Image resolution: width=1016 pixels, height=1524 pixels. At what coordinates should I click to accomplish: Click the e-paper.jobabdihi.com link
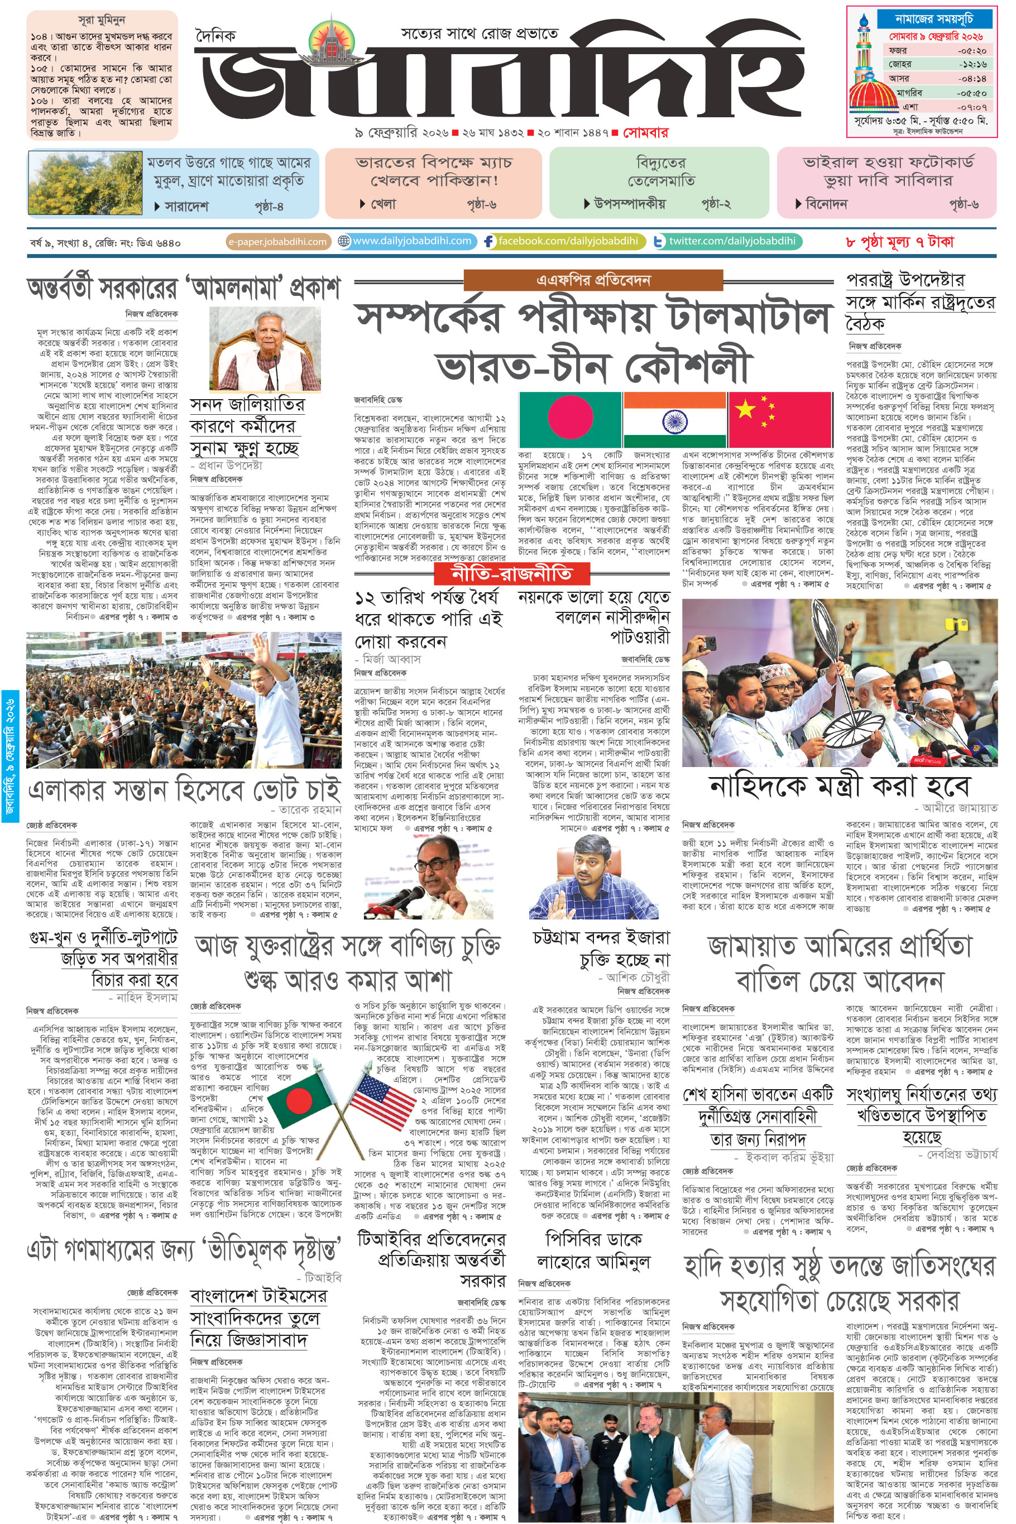pos(278,242)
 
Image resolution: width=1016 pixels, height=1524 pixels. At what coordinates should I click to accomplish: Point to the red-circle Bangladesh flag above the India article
pos(570,418)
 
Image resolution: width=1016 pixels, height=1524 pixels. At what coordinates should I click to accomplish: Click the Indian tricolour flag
pos(674,418)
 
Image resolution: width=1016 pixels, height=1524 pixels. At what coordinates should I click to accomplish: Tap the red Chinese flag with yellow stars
pos(780,418)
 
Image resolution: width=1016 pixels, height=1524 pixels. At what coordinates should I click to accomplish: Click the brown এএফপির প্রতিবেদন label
pos(593,280)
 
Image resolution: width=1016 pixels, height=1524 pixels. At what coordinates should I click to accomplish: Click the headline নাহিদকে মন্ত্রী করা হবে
pos(840,786)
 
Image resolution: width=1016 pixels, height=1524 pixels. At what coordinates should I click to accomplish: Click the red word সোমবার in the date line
pos(645,133)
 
